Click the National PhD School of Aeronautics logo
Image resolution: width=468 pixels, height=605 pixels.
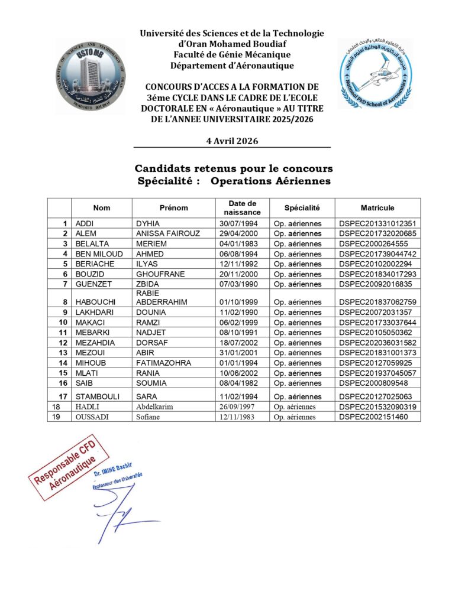[375, 73]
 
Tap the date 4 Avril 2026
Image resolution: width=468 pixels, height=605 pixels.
[231, 141]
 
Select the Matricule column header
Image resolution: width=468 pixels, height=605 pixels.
[377, 208]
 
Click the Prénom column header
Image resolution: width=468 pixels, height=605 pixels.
[173, 208]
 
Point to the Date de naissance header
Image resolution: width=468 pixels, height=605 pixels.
[243, 208]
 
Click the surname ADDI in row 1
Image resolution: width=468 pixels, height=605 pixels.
[85, 223]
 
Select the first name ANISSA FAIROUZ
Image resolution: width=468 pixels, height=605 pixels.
[168, 233]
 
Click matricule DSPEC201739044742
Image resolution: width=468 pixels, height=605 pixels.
[378, 253]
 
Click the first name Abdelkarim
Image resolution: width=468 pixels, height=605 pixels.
[157, 406]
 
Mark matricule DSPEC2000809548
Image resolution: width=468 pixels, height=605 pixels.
[374, 383]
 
